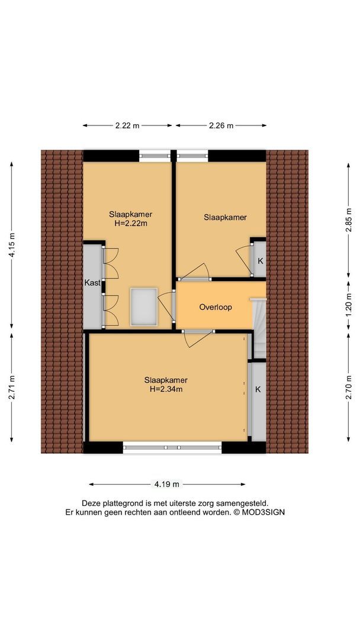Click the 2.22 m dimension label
(x=127, y=125)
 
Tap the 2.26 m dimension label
(x=221, y=125)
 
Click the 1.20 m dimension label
(x=349, y=305)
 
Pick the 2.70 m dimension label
(x=349, y=387)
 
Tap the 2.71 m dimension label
(x=12, y=387)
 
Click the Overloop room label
(x=216, y=307)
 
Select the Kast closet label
(x=92, y=283)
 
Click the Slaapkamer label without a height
(x=225, y=217)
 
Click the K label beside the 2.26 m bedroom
(x=259, y=261)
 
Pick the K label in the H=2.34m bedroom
(x=258, y=389)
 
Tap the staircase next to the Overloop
(x=258, y=328)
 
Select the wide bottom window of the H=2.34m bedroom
(x=172, y=447)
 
